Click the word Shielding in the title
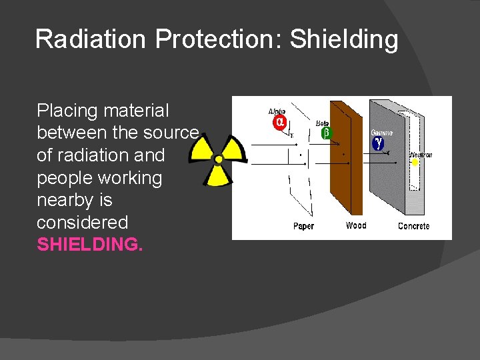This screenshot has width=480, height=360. pos(345,40)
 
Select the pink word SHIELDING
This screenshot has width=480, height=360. pos(90,245)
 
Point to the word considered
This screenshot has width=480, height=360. pos(82,223)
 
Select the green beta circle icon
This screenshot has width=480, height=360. pos(326,133)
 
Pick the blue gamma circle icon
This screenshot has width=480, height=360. pos(378,143)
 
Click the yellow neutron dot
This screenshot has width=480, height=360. pos(415,162)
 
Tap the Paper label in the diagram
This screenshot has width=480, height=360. pos(303,227)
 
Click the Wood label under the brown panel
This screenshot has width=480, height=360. pos(356,226)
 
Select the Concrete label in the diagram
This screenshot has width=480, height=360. pos(413,227)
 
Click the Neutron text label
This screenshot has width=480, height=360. pos(421,155)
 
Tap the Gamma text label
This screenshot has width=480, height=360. pos(382,133)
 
